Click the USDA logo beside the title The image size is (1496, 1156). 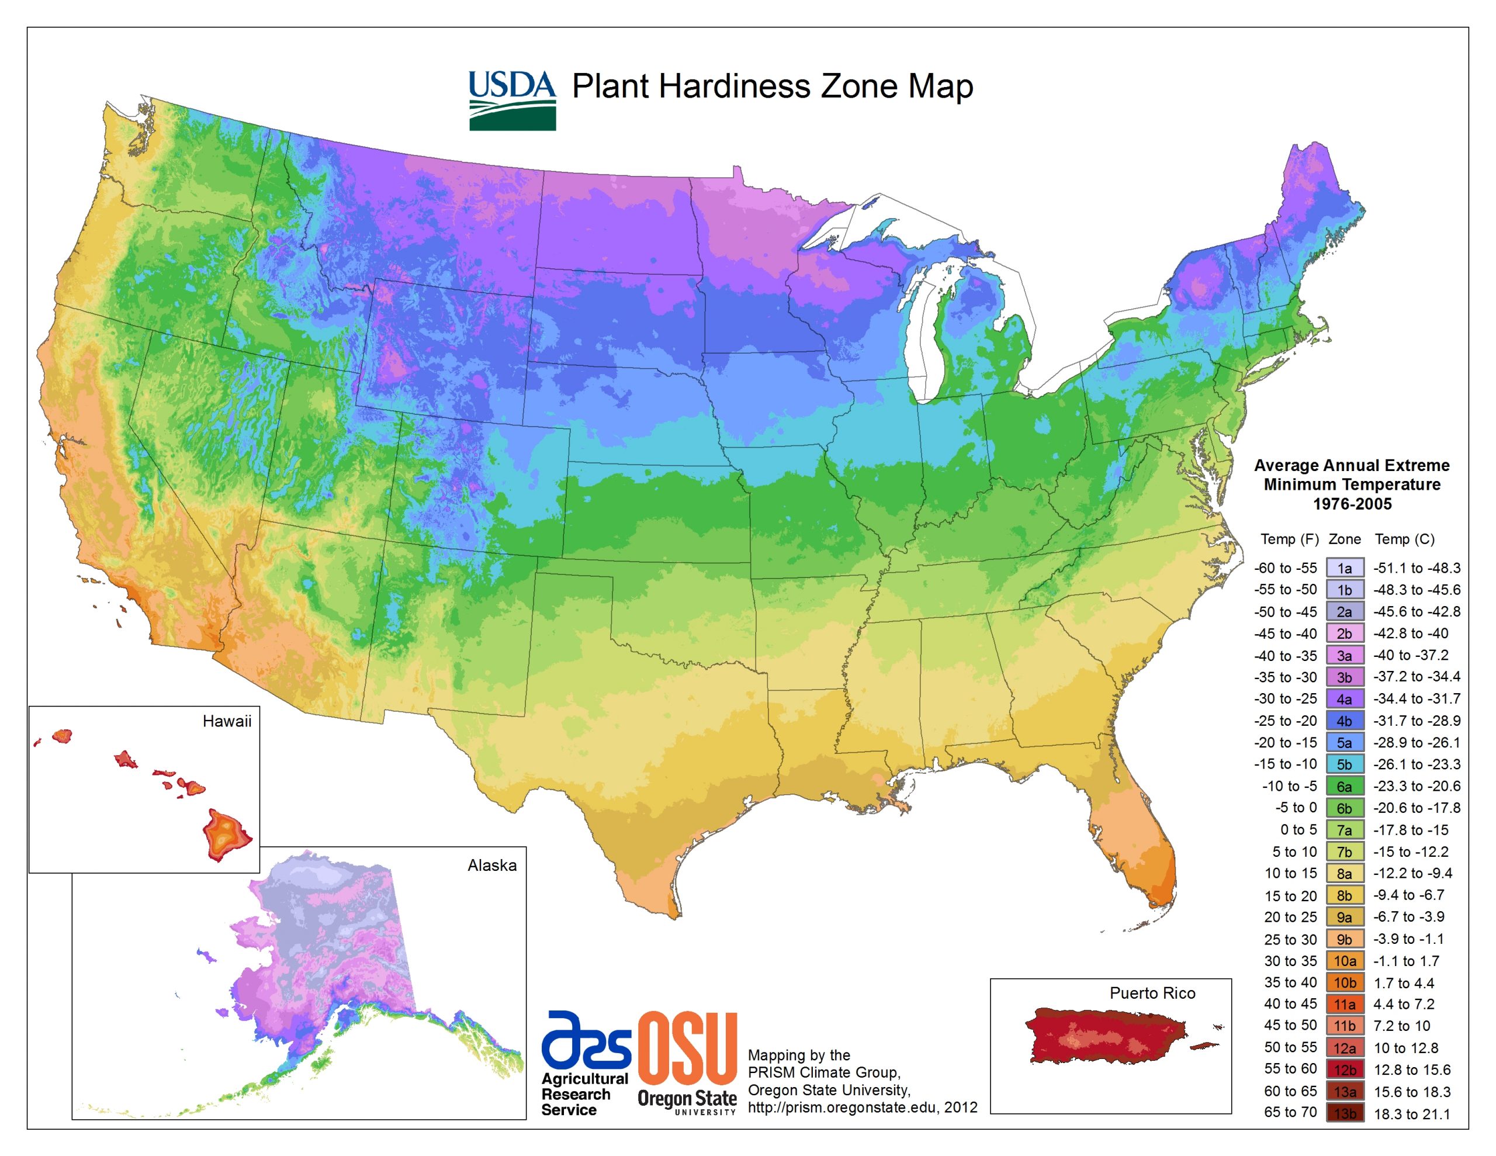512,99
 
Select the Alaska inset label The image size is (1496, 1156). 492,866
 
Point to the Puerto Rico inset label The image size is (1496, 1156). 1152,993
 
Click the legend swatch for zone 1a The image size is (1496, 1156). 1344,568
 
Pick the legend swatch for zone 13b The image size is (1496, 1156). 1344,1113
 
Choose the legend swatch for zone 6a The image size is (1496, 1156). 1344,786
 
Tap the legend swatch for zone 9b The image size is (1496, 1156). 1344,939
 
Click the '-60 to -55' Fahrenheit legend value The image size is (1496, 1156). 1285,568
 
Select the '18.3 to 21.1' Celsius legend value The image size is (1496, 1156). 1412,1114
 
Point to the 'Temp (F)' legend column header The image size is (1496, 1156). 1289,539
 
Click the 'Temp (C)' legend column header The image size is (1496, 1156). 1404,539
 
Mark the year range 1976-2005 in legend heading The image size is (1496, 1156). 1352,504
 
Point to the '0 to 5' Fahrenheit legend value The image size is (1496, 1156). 1298,830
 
